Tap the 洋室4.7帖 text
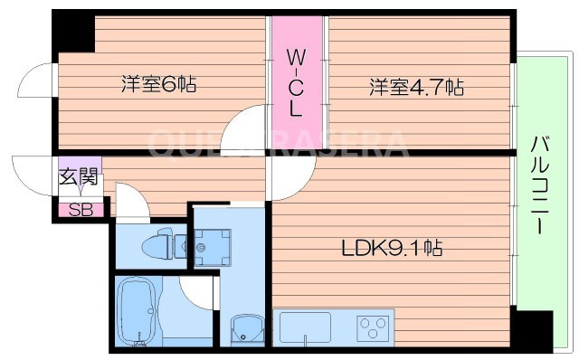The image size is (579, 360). (415, 88)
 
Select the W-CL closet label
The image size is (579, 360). (296, 82)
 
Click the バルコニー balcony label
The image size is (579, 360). (540, 185)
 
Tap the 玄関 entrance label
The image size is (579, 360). (78, 177)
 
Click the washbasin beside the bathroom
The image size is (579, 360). (245, 327)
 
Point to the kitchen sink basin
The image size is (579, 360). (306, 327)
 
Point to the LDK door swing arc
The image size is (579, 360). (286, 179)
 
